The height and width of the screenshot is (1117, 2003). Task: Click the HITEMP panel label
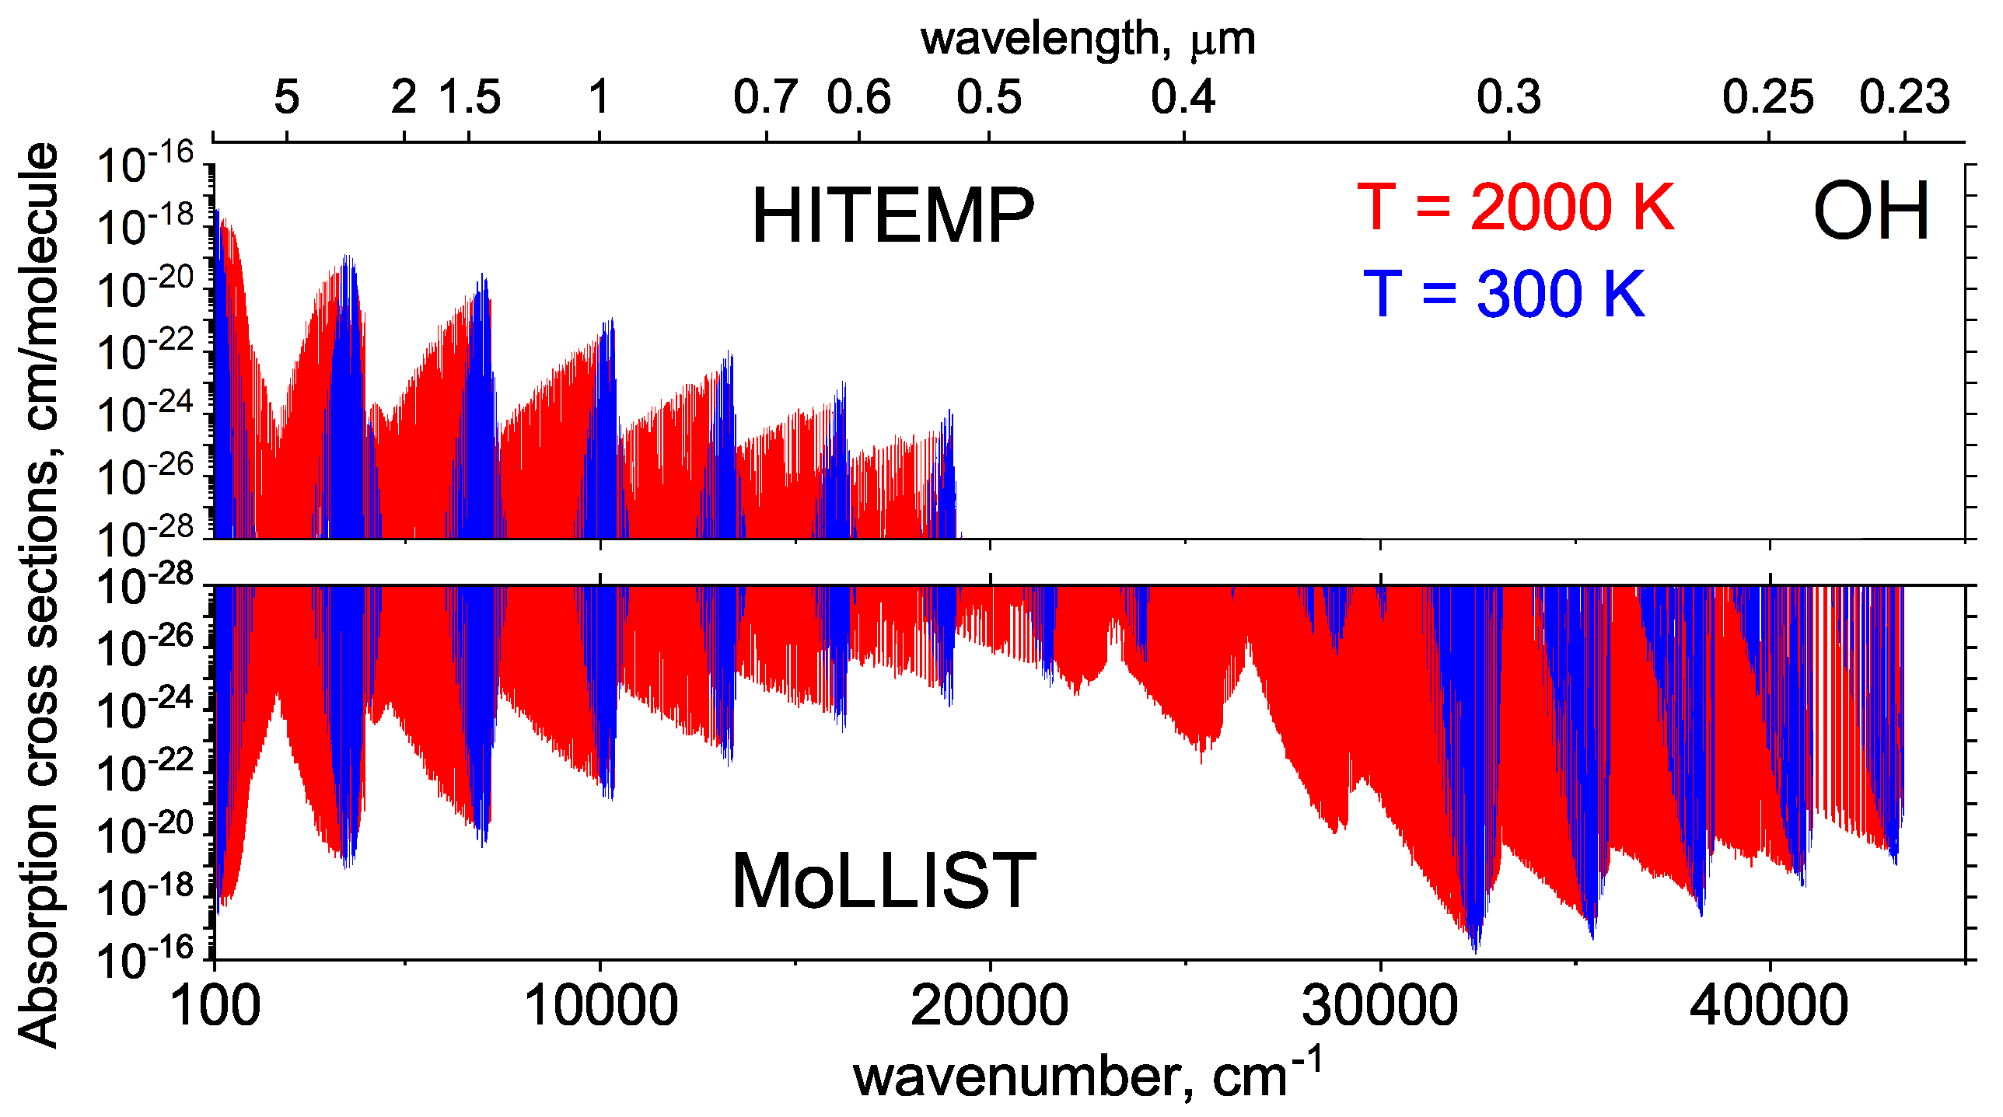[x=893, y=216]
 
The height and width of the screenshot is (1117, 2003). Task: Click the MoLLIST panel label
[x=884, y=881]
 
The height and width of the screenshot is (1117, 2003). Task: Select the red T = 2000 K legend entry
[x=1515, y=208]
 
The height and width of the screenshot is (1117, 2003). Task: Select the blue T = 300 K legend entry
[x=1504, y=294]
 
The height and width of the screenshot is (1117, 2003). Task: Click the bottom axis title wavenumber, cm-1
[x=1087, y=1075]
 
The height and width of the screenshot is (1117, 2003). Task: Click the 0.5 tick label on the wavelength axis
[x=989, y=97]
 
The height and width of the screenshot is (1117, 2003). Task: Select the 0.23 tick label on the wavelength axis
[x=1904, y=97]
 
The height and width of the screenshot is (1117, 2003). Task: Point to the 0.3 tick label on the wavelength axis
[x=1508, y=97]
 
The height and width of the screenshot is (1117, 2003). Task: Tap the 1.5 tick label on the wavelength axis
[x=470, y=97]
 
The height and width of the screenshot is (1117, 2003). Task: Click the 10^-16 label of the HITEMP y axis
[x=145, y=164]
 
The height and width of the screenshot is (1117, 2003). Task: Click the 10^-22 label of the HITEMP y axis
[x=145, y=351]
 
